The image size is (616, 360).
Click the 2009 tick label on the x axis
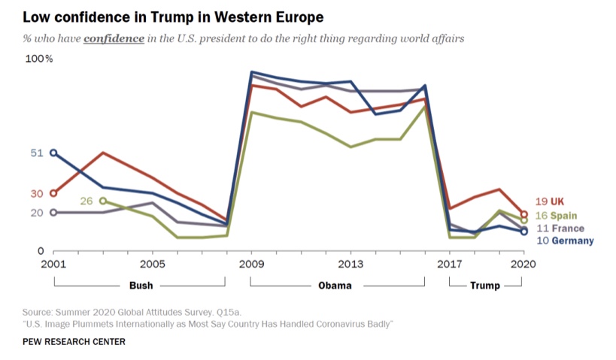coord(251,264)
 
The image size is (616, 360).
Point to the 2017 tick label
coord(450,264)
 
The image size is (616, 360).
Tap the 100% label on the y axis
coord(39,59)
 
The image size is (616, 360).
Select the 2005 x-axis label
coord(152,264)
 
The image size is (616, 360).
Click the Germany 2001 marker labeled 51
coord(53,153)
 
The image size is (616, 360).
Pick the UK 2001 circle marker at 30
coord(53,193)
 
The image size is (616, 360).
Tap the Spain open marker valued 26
coord(103,201)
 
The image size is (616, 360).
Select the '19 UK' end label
coord(550,201)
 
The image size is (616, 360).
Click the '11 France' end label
coord(559,228)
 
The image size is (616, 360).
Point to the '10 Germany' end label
coord(565,241)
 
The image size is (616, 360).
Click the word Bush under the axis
coord(141,286)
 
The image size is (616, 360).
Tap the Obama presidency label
coord(335,286)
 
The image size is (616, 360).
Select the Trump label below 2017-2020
coord(485,286)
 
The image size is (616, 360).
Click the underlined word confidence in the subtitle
coord(114,38)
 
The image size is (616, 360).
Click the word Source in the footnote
coord(37,310)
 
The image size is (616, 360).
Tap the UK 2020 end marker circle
coord(523,214)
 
